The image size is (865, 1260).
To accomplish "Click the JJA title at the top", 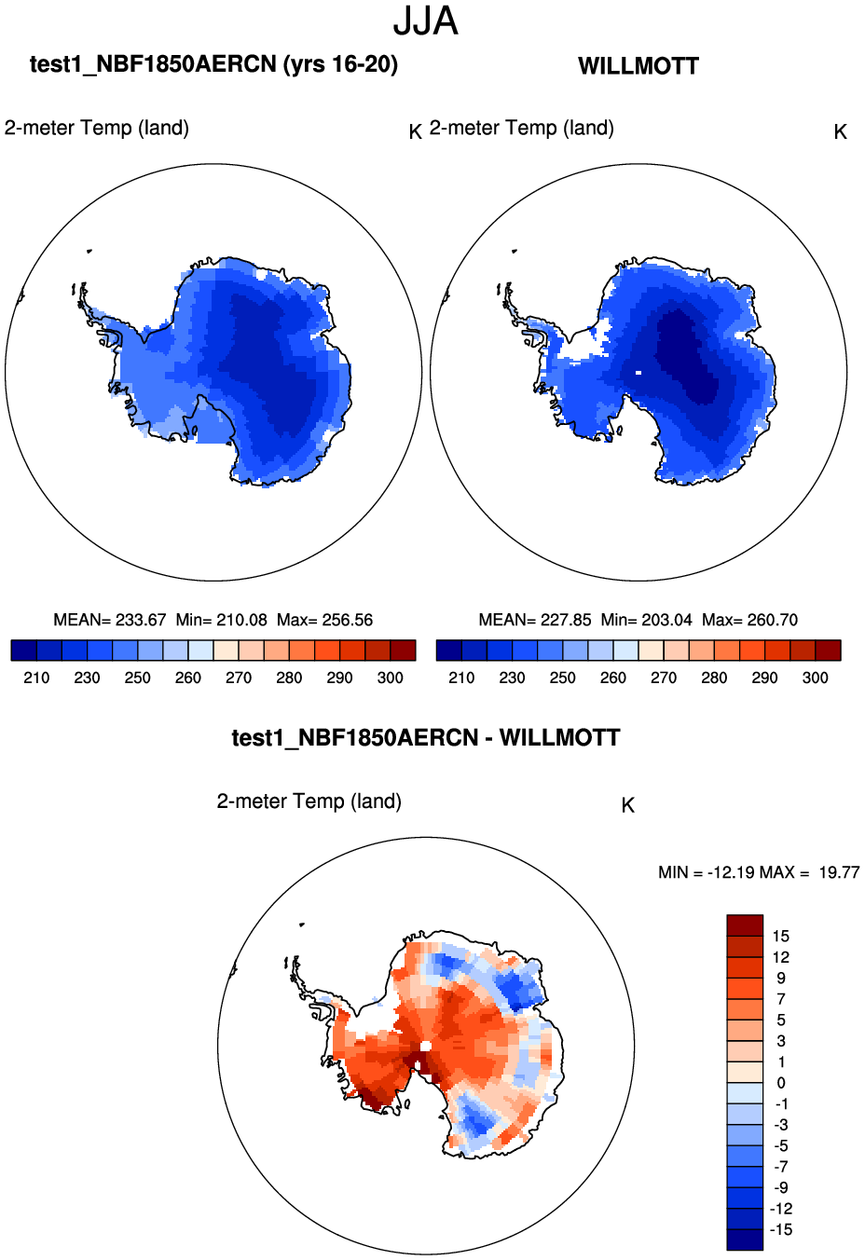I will [425, 21].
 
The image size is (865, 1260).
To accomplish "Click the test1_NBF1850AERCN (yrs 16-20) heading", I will [213, 64].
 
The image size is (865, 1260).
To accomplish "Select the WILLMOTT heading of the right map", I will [638, 66].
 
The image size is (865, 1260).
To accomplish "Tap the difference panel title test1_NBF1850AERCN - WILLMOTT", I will [426, 738].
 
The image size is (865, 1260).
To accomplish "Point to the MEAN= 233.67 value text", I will [110, 620].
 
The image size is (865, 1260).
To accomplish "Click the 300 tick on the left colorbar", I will [391, 678].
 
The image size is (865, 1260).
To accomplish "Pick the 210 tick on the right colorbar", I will [461, 678].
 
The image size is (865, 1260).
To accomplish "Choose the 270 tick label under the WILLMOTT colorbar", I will [664, 678].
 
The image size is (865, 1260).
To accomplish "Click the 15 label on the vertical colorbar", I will [781, 936].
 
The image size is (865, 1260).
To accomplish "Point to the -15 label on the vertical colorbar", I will [780, 1229].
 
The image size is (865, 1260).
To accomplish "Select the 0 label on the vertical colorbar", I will [781, 1083].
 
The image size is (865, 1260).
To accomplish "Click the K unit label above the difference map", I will [628, 805].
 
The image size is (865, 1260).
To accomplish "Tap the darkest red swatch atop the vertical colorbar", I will [745, 924].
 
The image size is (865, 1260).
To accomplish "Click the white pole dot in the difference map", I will [425, 1046].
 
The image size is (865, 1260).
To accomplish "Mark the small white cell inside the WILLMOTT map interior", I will [638, 373].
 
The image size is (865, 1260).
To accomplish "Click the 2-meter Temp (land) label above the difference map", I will [309, 801].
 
